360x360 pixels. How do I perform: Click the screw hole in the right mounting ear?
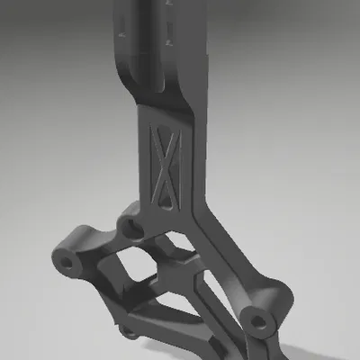click(258, 319)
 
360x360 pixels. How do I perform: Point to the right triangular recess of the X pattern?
click(175, 167)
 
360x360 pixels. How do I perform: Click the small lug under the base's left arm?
click(130, 333)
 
